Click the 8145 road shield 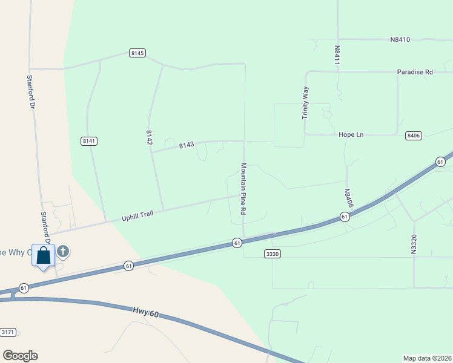click(137, 53)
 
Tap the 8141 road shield click(89, 141)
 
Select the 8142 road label click(149, 136)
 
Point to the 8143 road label click(187, 145)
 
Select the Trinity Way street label click(306, 102)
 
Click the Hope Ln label click(350, 134)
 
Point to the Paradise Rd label click(415, 72)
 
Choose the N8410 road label click(400, 40)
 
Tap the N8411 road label click(337, 54)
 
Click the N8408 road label click(348, 199)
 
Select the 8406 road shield click(414, 136)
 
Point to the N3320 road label click(414, 241)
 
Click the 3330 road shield click(273, 254)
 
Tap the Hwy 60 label click(145, 312)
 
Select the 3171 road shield click(8, 332)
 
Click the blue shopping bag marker click(44, 255)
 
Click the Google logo click(20, 356)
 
